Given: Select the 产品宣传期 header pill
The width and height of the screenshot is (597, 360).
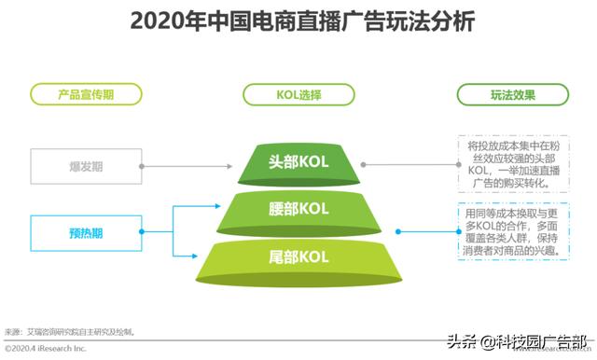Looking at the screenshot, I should tap(87, 94).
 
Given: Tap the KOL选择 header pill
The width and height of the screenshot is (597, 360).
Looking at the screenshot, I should tap(298, 94).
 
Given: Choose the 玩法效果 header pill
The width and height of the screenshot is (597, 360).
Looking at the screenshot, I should tap(507, 94).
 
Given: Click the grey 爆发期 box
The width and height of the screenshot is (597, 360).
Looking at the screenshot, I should tap(87, 165).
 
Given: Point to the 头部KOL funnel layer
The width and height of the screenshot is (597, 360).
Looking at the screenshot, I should tap(298, 162).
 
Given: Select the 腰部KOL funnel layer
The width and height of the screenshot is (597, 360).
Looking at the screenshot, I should tap(298, 207).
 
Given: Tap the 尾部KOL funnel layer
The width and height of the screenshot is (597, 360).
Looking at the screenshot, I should tap(298, 256).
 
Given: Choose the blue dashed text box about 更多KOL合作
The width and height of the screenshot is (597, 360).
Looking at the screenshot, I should tap(509, 230).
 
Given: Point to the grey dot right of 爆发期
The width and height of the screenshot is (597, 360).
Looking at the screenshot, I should tap(143, 165).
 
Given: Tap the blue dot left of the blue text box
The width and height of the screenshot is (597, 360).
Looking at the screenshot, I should tap(397, 230).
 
